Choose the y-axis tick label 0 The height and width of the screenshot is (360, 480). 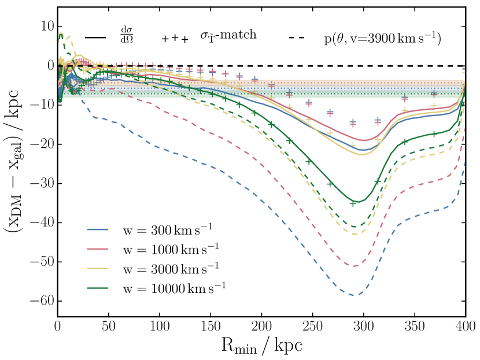click(x=49, y=66)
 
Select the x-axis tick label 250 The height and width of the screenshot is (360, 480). click(x=312, y=326)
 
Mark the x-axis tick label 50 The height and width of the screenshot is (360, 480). click(x=108, y=326)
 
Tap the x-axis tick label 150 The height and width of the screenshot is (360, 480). click(x=211, y=326)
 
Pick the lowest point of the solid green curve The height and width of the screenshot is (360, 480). click(x=360, y=202)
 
